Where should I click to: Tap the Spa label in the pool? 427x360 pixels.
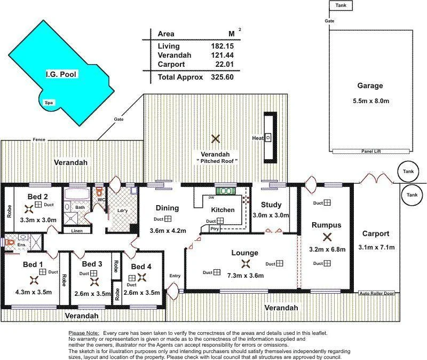point(49,103)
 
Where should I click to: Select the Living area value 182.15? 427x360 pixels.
point(223,46)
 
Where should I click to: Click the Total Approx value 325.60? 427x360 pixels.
point(223,77)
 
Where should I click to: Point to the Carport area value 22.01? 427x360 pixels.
point(223,65)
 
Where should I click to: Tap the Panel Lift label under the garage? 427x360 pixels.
point(370,151)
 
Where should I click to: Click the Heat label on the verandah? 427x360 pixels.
point(258,138)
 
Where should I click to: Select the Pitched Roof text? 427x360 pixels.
point(216,161)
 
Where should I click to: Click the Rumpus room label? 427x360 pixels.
point(326,225)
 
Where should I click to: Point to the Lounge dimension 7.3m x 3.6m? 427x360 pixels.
point(245,275)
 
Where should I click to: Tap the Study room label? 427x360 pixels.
point(271,205)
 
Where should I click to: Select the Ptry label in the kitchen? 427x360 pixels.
point(215,229)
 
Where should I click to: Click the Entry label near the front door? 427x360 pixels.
point(175,276)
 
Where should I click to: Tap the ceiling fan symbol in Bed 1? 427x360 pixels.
point(34,279)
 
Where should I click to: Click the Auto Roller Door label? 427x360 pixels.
point(376,293)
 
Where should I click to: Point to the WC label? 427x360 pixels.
point(100,200)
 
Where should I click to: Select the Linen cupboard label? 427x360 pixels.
point(76,231)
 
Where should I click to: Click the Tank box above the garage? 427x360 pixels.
point(341,5)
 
